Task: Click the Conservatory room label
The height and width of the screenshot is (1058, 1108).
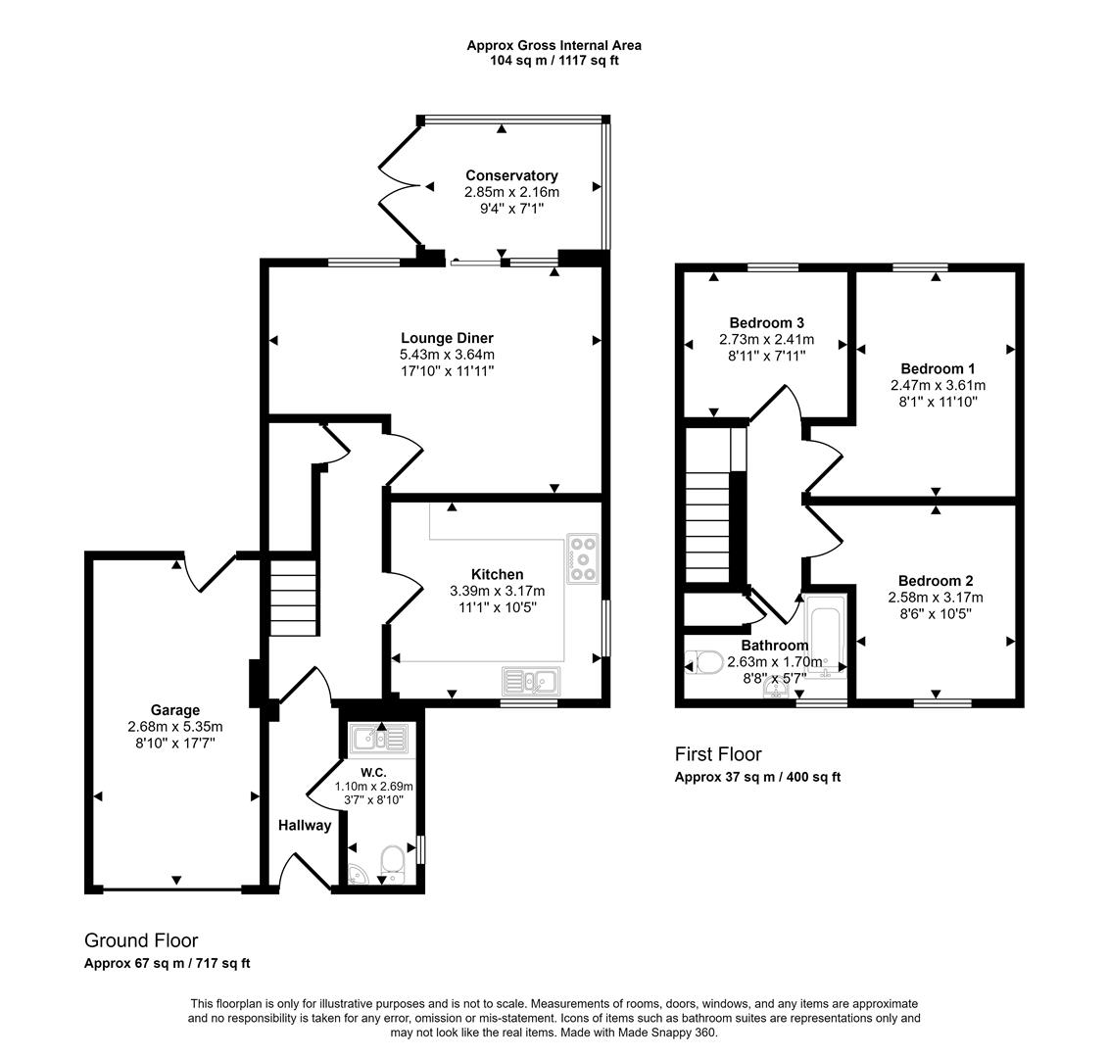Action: point(511,176)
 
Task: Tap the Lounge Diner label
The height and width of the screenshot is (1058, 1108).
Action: point(447,338)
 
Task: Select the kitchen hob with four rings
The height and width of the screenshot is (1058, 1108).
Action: point(582,558)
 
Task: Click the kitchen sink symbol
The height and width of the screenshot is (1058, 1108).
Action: point(530,680)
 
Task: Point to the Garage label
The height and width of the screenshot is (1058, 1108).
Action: point(175,710)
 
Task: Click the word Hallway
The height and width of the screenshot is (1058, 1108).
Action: point(304,826)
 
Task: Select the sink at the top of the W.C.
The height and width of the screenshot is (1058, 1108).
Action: point(377,738)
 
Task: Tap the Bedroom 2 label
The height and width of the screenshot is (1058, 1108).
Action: point(935,580)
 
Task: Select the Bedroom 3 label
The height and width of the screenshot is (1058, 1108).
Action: point(766,323)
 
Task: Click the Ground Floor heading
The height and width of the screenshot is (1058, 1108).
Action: point(141,940)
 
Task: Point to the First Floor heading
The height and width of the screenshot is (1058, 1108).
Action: point(718,754)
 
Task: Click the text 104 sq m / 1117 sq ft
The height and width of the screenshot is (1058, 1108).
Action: point(554,61)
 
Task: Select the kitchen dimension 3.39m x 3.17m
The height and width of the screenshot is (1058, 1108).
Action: point(497,591)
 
